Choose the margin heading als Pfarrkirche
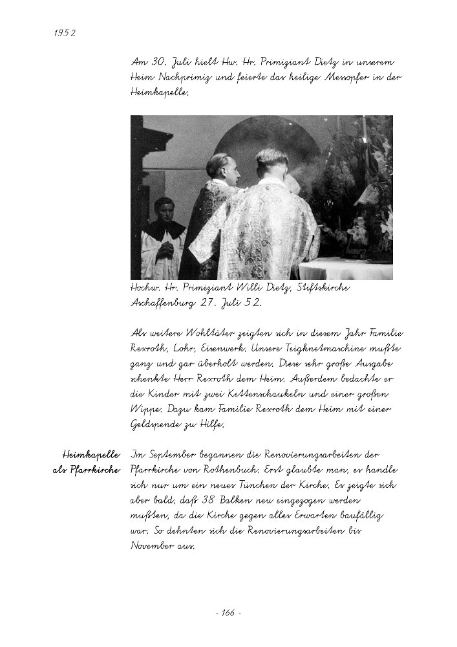coord(87,470)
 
